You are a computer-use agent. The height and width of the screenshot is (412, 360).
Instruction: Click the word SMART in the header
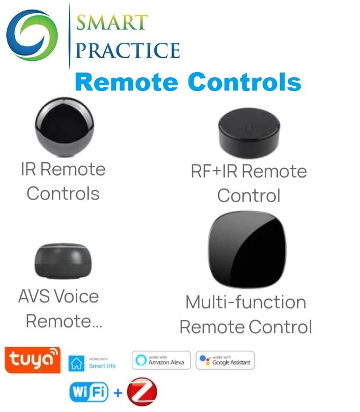click(112, 23)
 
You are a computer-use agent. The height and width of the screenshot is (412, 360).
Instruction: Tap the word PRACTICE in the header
click(128, 50)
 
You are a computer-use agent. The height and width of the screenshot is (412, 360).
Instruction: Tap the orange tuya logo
click(32, 360)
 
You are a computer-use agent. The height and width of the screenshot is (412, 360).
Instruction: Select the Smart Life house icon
click(77, 363)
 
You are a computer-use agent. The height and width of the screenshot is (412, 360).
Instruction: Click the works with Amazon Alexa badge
click(160, 360)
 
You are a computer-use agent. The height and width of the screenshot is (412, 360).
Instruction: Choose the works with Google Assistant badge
click(225, 360)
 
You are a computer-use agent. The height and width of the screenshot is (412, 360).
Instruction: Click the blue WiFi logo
click(89, 392)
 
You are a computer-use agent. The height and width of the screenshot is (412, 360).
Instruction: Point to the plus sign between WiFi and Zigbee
click(118, 392)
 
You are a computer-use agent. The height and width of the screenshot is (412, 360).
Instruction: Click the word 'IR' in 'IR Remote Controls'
click(28, 169)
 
